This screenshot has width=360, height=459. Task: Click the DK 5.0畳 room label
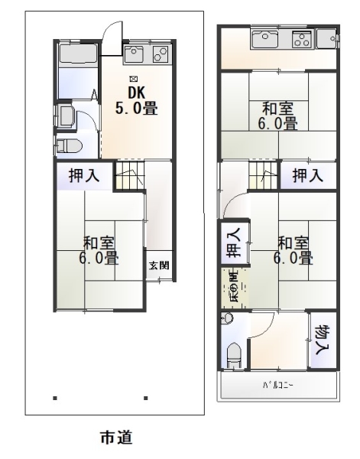137,100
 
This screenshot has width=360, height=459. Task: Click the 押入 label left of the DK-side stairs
83,175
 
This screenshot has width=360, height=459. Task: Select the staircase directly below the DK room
128,177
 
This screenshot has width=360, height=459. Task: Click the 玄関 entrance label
159,265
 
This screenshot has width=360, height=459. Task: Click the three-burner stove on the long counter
302,37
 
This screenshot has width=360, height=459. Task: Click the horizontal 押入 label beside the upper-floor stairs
308,175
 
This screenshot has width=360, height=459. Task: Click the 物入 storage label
322,337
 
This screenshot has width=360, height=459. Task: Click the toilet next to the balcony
235,354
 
